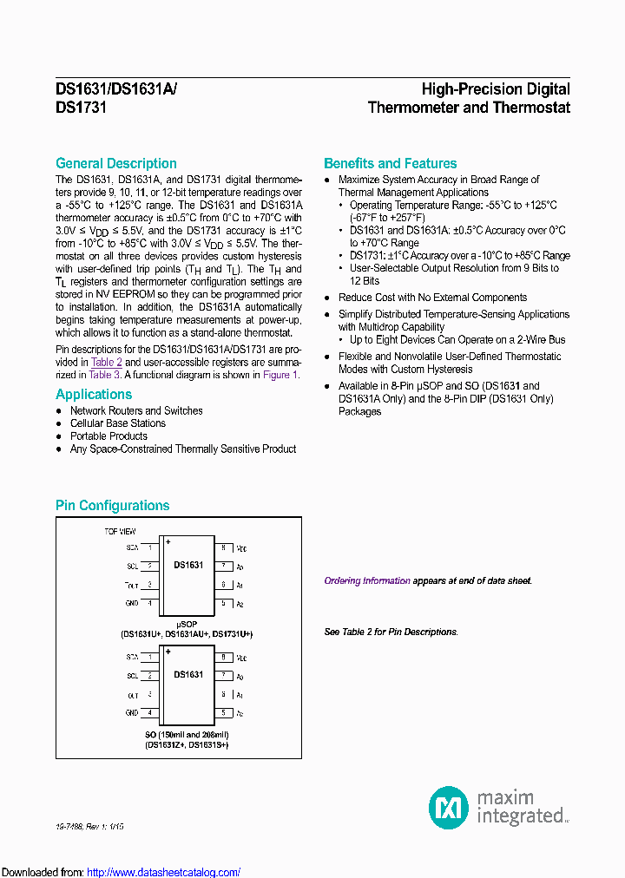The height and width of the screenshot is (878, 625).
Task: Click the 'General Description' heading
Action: coord(115,163)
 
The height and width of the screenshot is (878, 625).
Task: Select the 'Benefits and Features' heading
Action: coord(390,163)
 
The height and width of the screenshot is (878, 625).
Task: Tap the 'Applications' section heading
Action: coord(94,394)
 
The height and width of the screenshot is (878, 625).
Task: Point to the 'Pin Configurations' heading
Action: coord(112,505)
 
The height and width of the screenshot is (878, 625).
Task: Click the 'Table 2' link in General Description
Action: coord(107,362)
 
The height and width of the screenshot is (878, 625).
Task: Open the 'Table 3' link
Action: coord(105,375)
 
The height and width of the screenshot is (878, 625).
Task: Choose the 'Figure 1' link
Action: coord(280,375)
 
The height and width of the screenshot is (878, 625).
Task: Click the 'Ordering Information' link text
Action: coord(367,581)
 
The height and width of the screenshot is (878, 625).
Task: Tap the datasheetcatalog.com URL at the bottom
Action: coord(164,872)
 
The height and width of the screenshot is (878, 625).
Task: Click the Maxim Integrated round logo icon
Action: coord(449,807)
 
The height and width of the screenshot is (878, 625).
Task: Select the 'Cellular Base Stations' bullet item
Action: coord(117,423)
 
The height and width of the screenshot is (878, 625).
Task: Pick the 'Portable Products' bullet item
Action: coord(109,436)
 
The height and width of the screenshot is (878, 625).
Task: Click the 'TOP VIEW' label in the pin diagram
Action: coord(120,530)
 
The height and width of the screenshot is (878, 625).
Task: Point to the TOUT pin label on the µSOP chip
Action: coord(132,586)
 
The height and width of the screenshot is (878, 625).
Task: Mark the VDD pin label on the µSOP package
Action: coord(242,549)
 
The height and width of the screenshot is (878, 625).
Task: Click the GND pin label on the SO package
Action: coord(132,713)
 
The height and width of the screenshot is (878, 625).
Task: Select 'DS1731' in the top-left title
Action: coord(81,108)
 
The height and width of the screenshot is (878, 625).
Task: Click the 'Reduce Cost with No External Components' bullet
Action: coord(432,298)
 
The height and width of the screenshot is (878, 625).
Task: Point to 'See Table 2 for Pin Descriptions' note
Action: coord(390,632)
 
